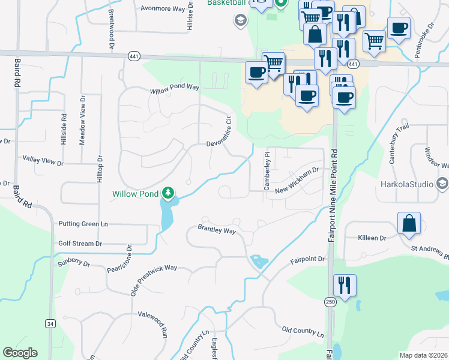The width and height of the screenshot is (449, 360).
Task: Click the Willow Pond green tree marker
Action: click(170, 193)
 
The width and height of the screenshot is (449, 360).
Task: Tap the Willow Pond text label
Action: click(136, 194)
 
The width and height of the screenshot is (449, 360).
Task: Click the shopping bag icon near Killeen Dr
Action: click(409, 223)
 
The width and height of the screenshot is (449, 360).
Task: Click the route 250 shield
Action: click(330, 302)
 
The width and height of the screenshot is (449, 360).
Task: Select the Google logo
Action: click(20, 353)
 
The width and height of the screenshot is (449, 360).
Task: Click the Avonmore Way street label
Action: click(163, 9)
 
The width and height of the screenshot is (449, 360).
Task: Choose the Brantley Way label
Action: click(217, 230)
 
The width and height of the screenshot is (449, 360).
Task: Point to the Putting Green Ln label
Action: click(83, 224)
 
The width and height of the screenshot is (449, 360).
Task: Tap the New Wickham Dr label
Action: click(296, 190)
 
